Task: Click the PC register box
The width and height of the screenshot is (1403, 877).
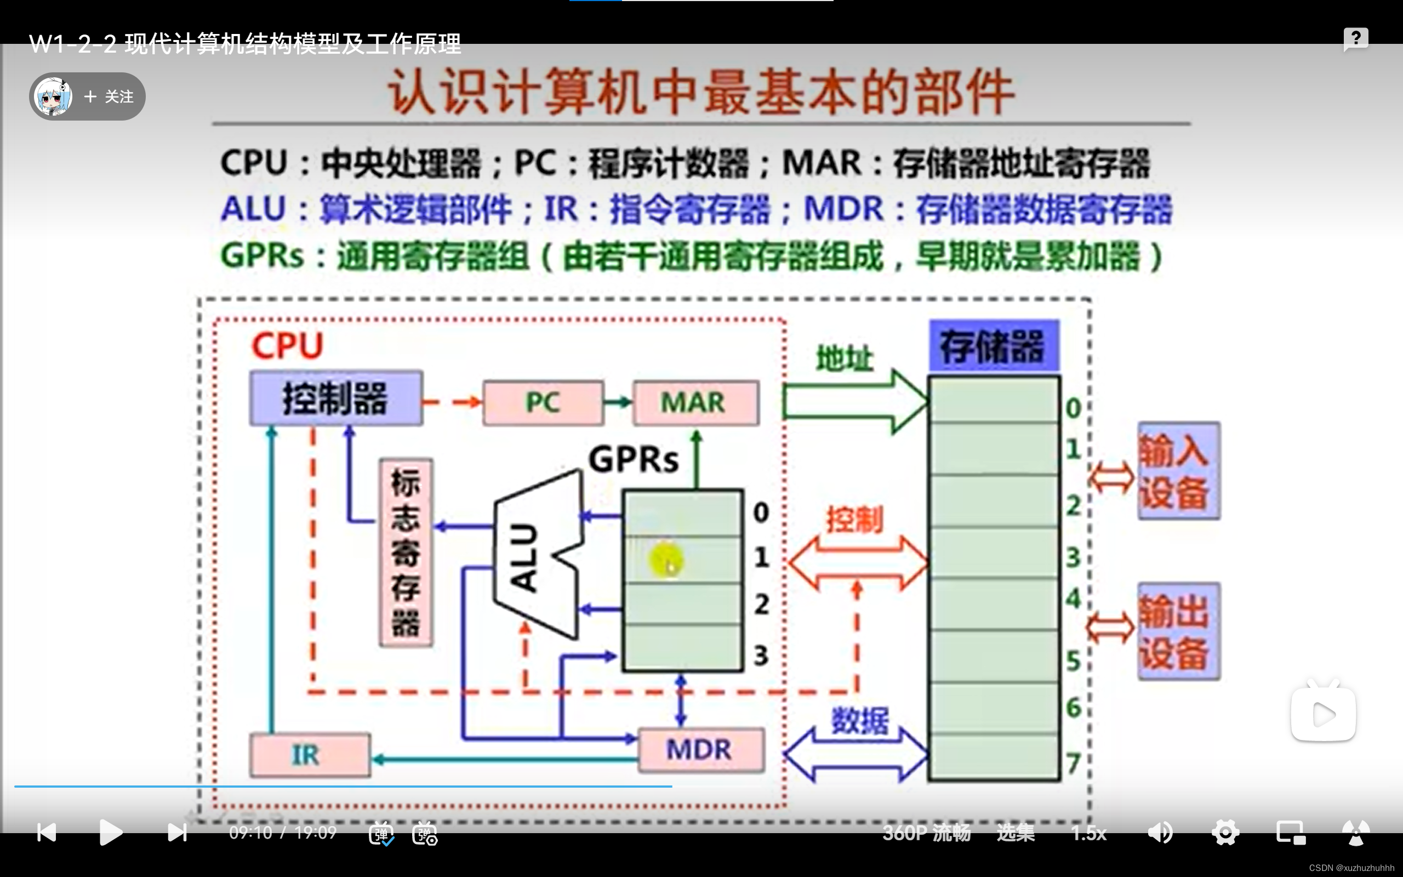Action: (543, 402)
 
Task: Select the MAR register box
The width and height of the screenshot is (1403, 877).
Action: (695, 402)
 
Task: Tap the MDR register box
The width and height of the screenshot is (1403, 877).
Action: (700, 750)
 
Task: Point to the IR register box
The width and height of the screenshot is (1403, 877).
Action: (310, 755)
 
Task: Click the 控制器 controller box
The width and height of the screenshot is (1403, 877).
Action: (335, 398)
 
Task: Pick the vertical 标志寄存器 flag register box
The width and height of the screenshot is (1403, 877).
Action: (406, 552)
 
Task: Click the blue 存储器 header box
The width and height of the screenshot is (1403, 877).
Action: (994, 346)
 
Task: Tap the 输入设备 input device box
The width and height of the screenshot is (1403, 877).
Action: (1178, 470)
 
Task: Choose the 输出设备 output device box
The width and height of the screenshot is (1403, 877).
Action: (1178, 631)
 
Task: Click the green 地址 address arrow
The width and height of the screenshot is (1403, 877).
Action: (852, 401)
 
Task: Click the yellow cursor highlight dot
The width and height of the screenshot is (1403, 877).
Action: (666, 560)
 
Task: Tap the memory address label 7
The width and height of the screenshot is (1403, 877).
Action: (1073, 764)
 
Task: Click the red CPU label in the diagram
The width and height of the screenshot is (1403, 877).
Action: (287, 346)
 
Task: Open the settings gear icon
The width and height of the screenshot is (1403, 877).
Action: (1225, 833)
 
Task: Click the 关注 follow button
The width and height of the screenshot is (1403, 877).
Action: (109, 96)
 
